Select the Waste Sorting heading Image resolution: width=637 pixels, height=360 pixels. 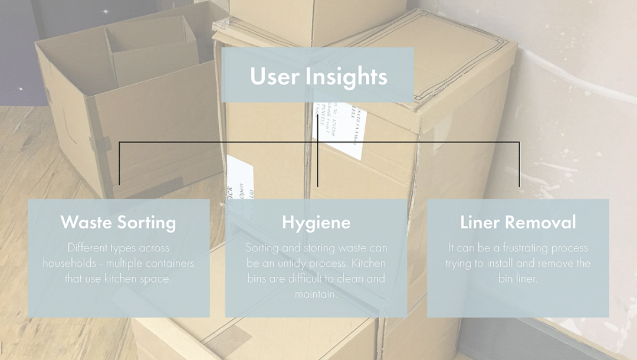tap(118, 222)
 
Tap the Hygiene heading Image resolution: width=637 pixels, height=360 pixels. tap(316, 222)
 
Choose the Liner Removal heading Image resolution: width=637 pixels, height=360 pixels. tap(518, 222)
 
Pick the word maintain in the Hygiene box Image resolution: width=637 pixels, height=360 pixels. tap(316, 294)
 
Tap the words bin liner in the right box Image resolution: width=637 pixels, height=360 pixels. tap(518, 279)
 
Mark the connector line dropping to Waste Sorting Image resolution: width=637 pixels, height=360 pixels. tap(119, 165)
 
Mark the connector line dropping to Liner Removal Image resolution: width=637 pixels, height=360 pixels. tap(519, 165)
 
